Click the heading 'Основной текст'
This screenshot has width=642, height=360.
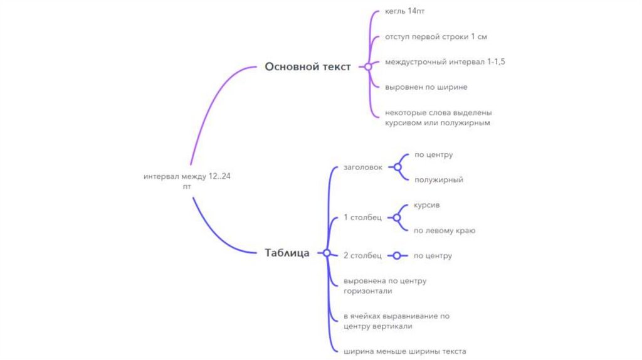coord(307,67)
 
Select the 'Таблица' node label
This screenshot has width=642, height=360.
coord(287,253)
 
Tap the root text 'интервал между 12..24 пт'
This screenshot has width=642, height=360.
coord(187,181)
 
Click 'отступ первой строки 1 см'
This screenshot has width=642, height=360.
coord(435,37)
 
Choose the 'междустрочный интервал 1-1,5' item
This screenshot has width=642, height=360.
coord(445,62)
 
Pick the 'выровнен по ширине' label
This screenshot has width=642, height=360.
coord(426,87)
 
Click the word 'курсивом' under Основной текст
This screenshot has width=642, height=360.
coord(402,123)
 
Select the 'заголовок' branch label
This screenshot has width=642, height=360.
coord(362,167)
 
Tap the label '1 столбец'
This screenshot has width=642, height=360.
coord(362,218)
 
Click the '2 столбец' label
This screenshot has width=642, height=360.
coord(362,255)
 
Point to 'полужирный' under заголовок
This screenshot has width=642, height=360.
coord(438,180)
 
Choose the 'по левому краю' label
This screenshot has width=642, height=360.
coord(444,230)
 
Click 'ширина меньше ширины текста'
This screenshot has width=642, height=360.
coord(404,351)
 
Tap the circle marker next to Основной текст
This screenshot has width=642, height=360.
coord(368,66)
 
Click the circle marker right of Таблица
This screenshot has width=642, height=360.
coord(326,253)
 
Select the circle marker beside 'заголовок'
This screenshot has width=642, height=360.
coord(397,167)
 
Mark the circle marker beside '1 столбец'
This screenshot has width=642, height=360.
coord(397,218)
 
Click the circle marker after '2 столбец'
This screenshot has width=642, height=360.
coord(397,255)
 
